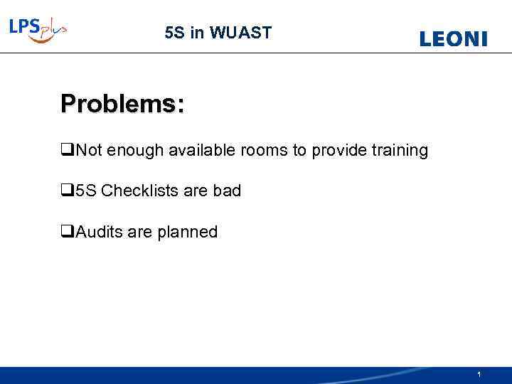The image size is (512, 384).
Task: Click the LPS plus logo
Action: [38, 30]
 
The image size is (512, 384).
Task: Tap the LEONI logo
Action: [454, 39]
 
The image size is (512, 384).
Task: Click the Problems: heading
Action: [122, 104]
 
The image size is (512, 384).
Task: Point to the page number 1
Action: [479, 374]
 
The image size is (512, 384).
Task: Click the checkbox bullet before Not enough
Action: [67, 151]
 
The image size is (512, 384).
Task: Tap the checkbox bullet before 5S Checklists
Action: [67, 191]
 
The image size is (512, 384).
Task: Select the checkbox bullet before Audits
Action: [67, 232]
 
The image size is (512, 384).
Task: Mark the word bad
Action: [227, 191]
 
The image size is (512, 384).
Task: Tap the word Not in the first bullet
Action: [88, 151]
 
